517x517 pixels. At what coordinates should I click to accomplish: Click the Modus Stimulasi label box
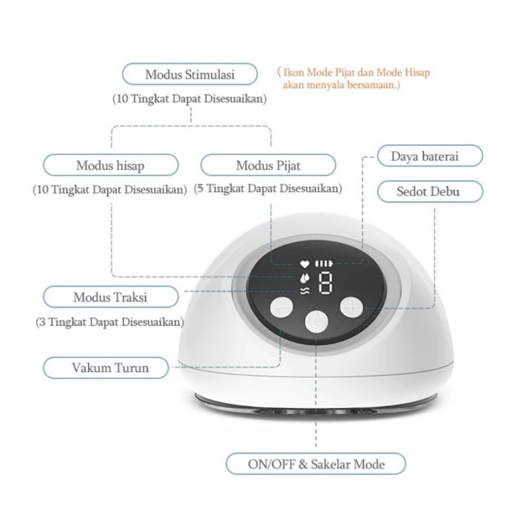pyautogui.click(x=190, y=74)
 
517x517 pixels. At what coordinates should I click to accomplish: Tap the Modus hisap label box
pyautogui.click(x=111, y=165)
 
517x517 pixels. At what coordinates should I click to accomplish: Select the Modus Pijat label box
pyautogui.click(x=268, y=165)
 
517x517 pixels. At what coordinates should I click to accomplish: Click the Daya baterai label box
pyautogui.click(x=430, y=156)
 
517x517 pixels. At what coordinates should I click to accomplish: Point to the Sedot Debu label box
pyautogui.click(x=430, y=191)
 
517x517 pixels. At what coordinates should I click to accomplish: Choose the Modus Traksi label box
pyautogui.click(x=111, y=297)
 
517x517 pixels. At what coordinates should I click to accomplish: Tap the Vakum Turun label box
pyautogui.click(x=106, y=367)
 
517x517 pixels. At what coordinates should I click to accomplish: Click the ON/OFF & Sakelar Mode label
pyautogui.click(x=316, y=464)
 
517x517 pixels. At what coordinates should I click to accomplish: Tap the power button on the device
pyautogui.click(x=316, y=321)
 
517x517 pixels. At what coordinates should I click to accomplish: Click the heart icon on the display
pyautogui.click(x=304, y=264)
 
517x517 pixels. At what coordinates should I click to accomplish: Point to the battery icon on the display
pyautogui.click(x=323, y=264)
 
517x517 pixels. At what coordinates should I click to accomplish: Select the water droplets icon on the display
pyautogui.click(x=304, y=278)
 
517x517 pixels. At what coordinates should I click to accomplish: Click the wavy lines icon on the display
pyautogui.click(x=304, y=290)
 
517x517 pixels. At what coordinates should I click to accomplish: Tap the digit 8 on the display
pyautogui.click(x=325, y=283)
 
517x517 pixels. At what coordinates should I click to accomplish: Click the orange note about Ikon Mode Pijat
pyautogui.click(x=354, y=78)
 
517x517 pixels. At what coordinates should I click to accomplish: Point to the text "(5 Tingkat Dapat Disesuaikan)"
pyautogui.click(x=267, y=188)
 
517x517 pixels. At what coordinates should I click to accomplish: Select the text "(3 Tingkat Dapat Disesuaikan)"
pyautogui.click(x=110, y=321)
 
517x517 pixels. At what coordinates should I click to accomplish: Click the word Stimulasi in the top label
pyautogui.click(x=209, y=74)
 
